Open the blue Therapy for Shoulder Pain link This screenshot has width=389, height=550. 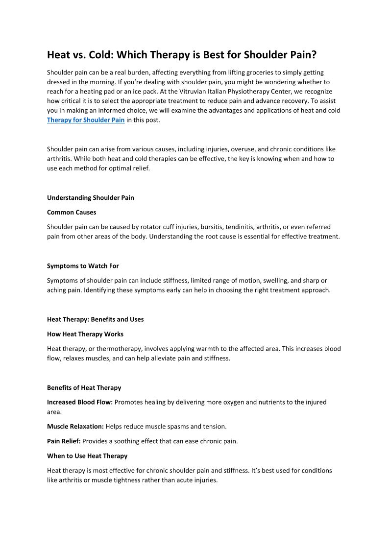point(86,120)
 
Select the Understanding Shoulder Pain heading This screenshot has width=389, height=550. point(91,198)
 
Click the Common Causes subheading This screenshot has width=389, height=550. point(72,213)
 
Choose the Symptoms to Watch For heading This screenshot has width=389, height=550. point(83,266)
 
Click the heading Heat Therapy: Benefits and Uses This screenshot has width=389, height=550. point(96,319)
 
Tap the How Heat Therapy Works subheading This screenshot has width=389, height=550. point(85,334)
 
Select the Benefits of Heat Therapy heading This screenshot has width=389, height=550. point(84,387)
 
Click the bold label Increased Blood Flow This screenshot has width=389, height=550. point(80,402)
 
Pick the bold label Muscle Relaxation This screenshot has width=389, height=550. point(75,427)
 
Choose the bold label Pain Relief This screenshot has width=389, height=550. point(64,441)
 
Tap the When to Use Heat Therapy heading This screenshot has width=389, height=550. point(87,455)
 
